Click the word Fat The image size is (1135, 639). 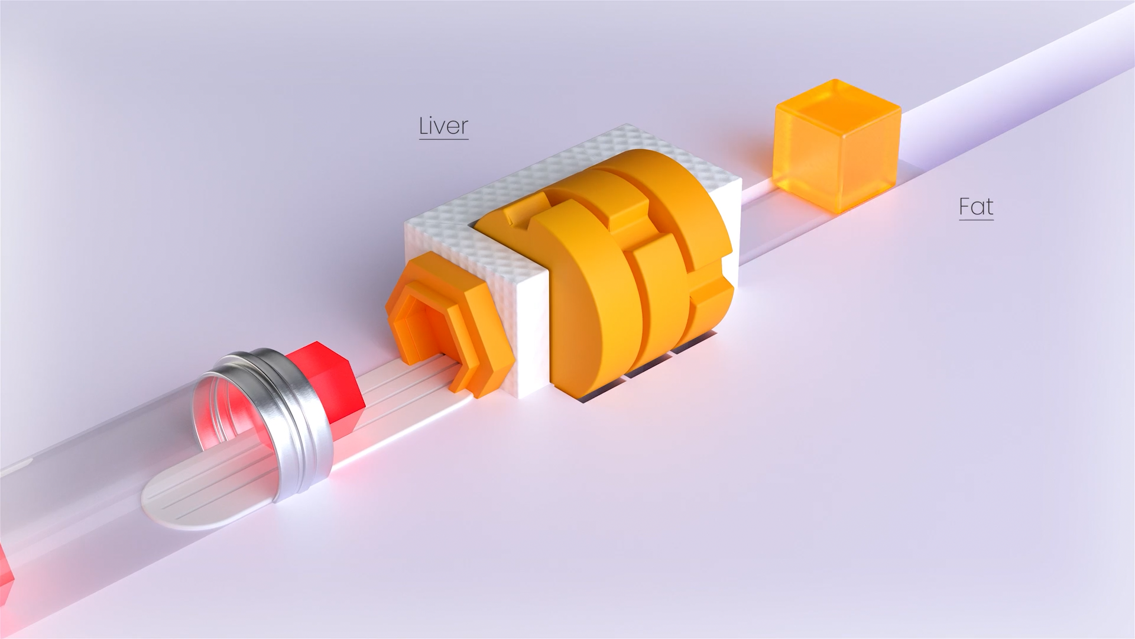point(976,206)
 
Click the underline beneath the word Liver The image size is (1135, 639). point(443,139)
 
